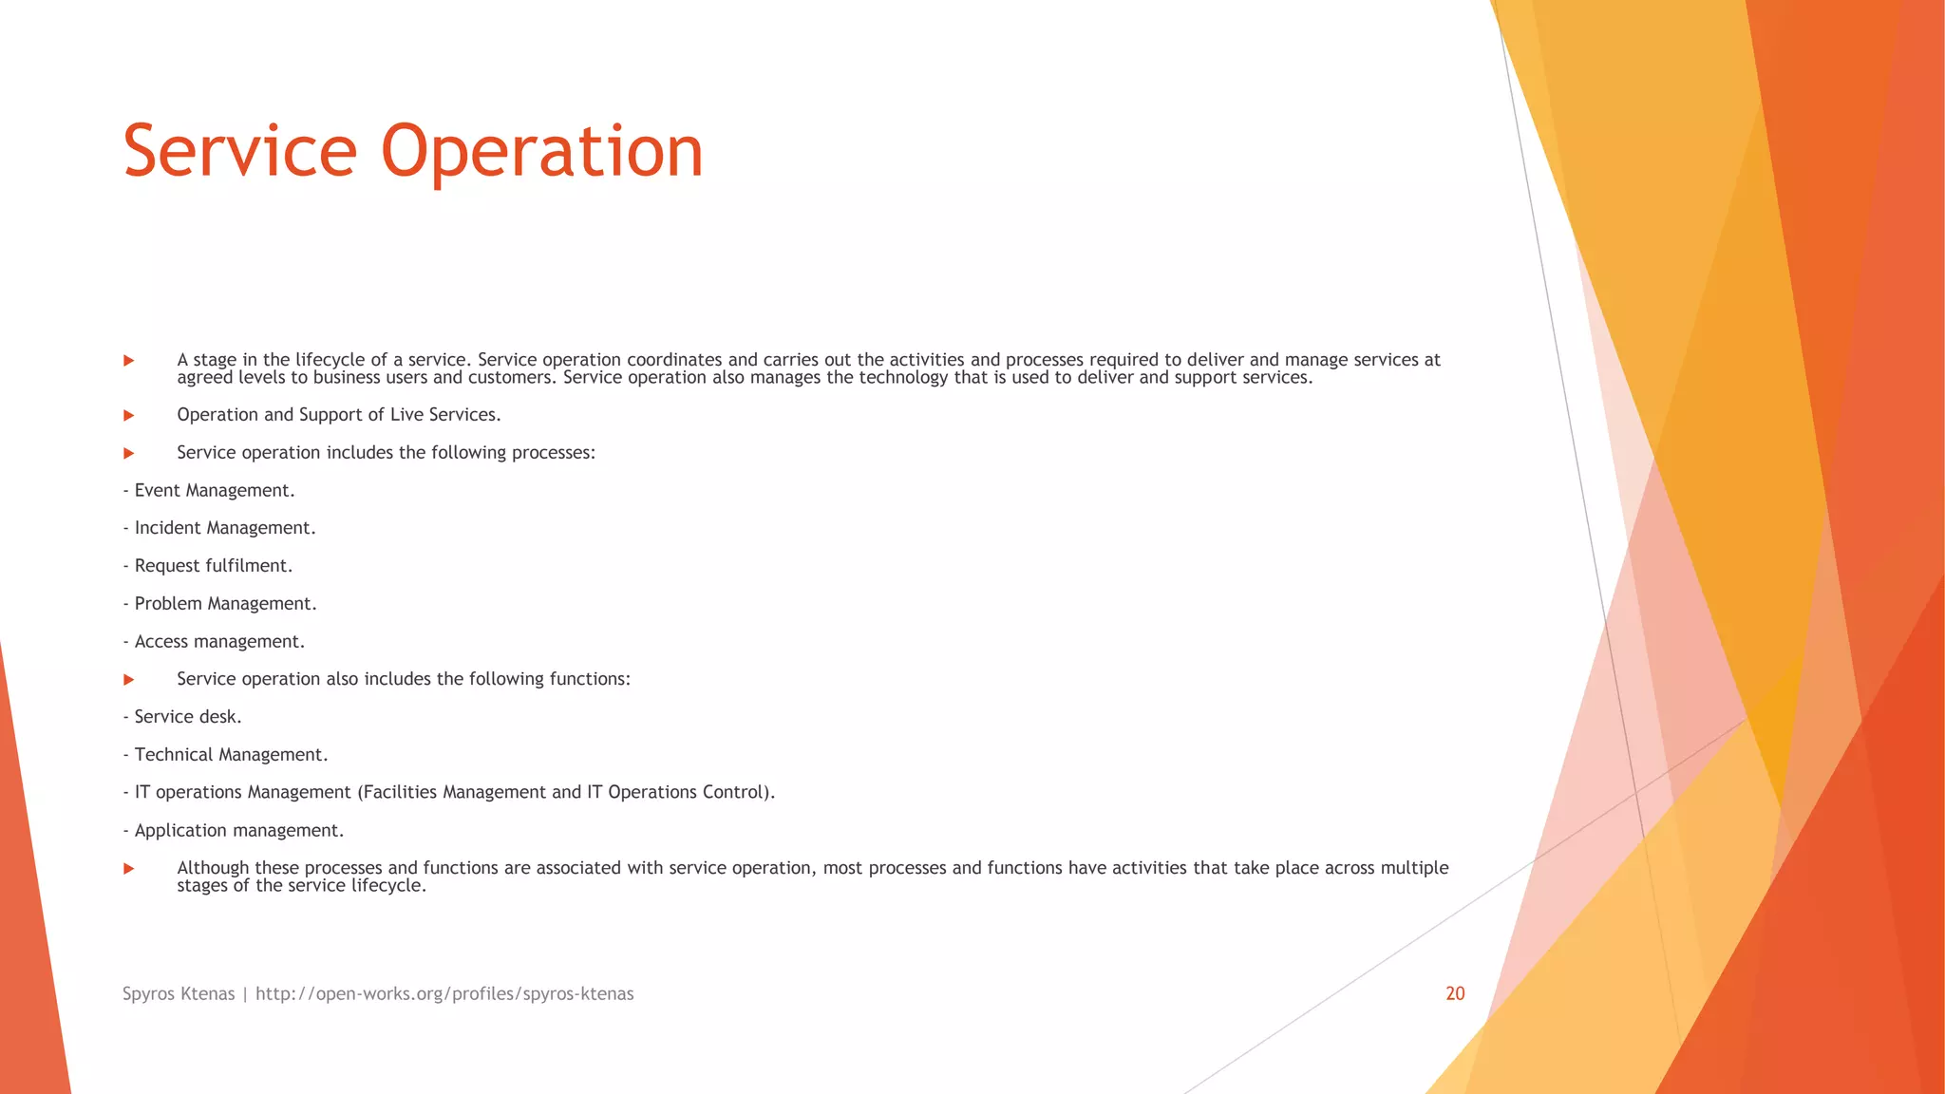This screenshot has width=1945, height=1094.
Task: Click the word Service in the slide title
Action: [x=239, y=152]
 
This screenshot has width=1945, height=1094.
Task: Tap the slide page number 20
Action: [x=1455, y=993]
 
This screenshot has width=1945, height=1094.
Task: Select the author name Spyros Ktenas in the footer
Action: [x=179, y=993]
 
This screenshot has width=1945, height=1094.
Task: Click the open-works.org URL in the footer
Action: [x=444, y=993]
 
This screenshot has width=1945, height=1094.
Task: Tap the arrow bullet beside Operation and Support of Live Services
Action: [x=129, y=416]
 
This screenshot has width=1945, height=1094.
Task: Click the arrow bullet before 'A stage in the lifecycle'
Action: [x=129, y=361]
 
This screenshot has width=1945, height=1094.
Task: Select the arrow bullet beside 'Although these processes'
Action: [x=129, y=869]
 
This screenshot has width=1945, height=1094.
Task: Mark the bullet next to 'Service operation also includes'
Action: [x=129, y=680]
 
